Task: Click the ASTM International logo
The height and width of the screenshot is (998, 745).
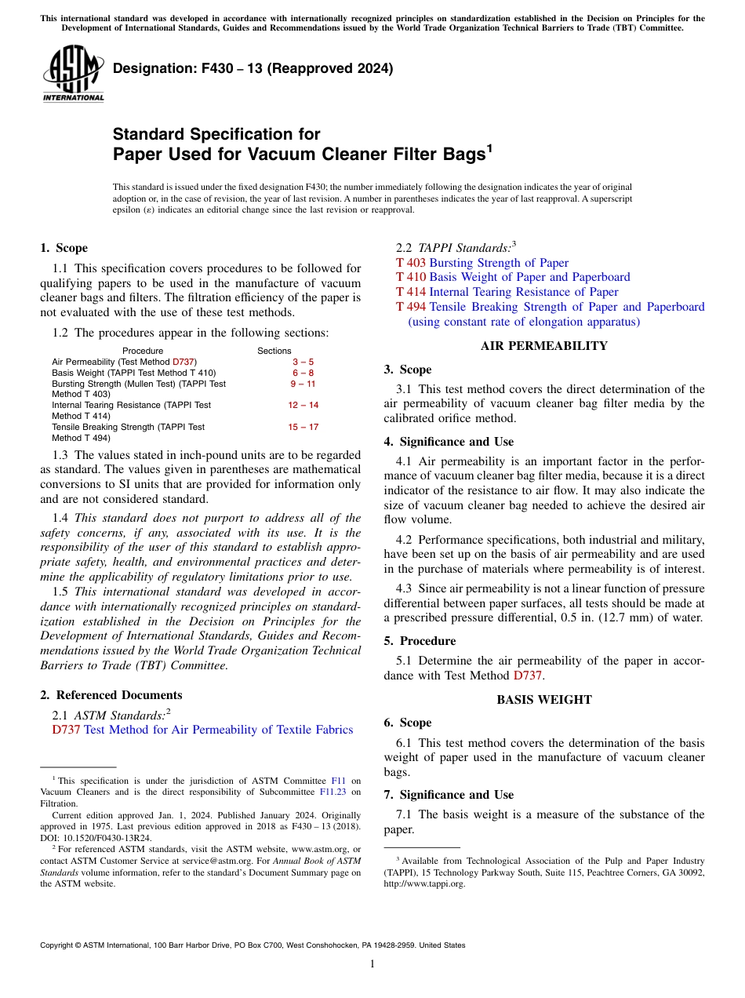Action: point(72,75)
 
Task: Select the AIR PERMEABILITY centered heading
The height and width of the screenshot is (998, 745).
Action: point(543,346)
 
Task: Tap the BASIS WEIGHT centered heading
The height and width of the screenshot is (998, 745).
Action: point(543,699)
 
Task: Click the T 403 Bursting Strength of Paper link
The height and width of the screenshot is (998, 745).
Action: point(482,263)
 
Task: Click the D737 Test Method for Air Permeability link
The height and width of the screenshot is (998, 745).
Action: point(202,730)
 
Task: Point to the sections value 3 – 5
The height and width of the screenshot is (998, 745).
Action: point(303,362)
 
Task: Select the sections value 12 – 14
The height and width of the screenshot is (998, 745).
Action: point(303,405)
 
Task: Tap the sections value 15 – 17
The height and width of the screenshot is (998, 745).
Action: point(303,427)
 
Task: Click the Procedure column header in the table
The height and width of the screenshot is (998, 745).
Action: point(143,351)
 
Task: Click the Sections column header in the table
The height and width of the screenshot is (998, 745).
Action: point(274,351)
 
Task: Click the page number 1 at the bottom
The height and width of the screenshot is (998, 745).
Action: point(372,963)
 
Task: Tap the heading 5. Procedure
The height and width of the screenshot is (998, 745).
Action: point(420,640)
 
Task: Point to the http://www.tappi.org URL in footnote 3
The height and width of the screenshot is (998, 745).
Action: point(424,883)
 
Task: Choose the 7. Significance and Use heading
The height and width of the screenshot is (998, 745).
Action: point(449,795)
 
